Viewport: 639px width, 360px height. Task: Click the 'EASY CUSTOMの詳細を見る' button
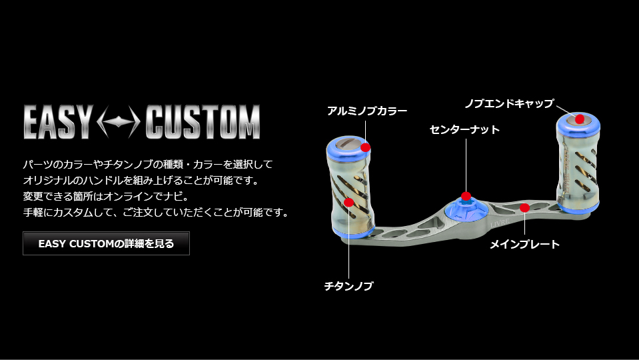(106, 243)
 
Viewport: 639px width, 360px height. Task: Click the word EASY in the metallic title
(58, 122)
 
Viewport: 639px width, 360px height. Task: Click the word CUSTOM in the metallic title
(203, 122)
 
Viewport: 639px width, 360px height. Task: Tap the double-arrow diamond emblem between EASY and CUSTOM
(119, 122)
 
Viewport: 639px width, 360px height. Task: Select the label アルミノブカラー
(367, 111)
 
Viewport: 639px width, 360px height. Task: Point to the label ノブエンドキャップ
(510, 103)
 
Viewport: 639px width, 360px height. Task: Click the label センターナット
(464, 129)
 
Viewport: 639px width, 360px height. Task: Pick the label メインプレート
(524, 244)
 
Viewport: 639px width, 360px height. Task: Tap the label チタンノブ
(349, 286)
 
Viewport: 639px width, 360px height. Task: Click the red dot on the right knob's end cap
(580, 119)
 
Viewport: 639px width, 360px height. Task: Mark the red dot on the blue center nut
(466, 196)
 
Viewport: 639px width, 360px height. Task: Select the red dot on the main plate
(525, 208)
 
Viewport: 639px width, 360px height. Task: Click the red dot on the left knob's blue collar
(366, 147)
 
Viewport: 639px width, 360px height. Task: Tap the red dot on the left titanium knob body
(349, 202)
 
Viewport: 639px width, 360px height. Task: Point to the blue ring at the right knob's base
(578, 207)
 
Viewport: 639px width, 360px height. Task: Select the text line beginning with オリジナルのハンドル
(141, 180)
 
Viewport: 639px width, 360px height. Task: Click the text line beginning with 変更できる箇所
(106, 196)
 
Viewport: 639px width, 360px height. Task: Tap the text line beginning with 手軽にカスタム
(156, 213)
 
